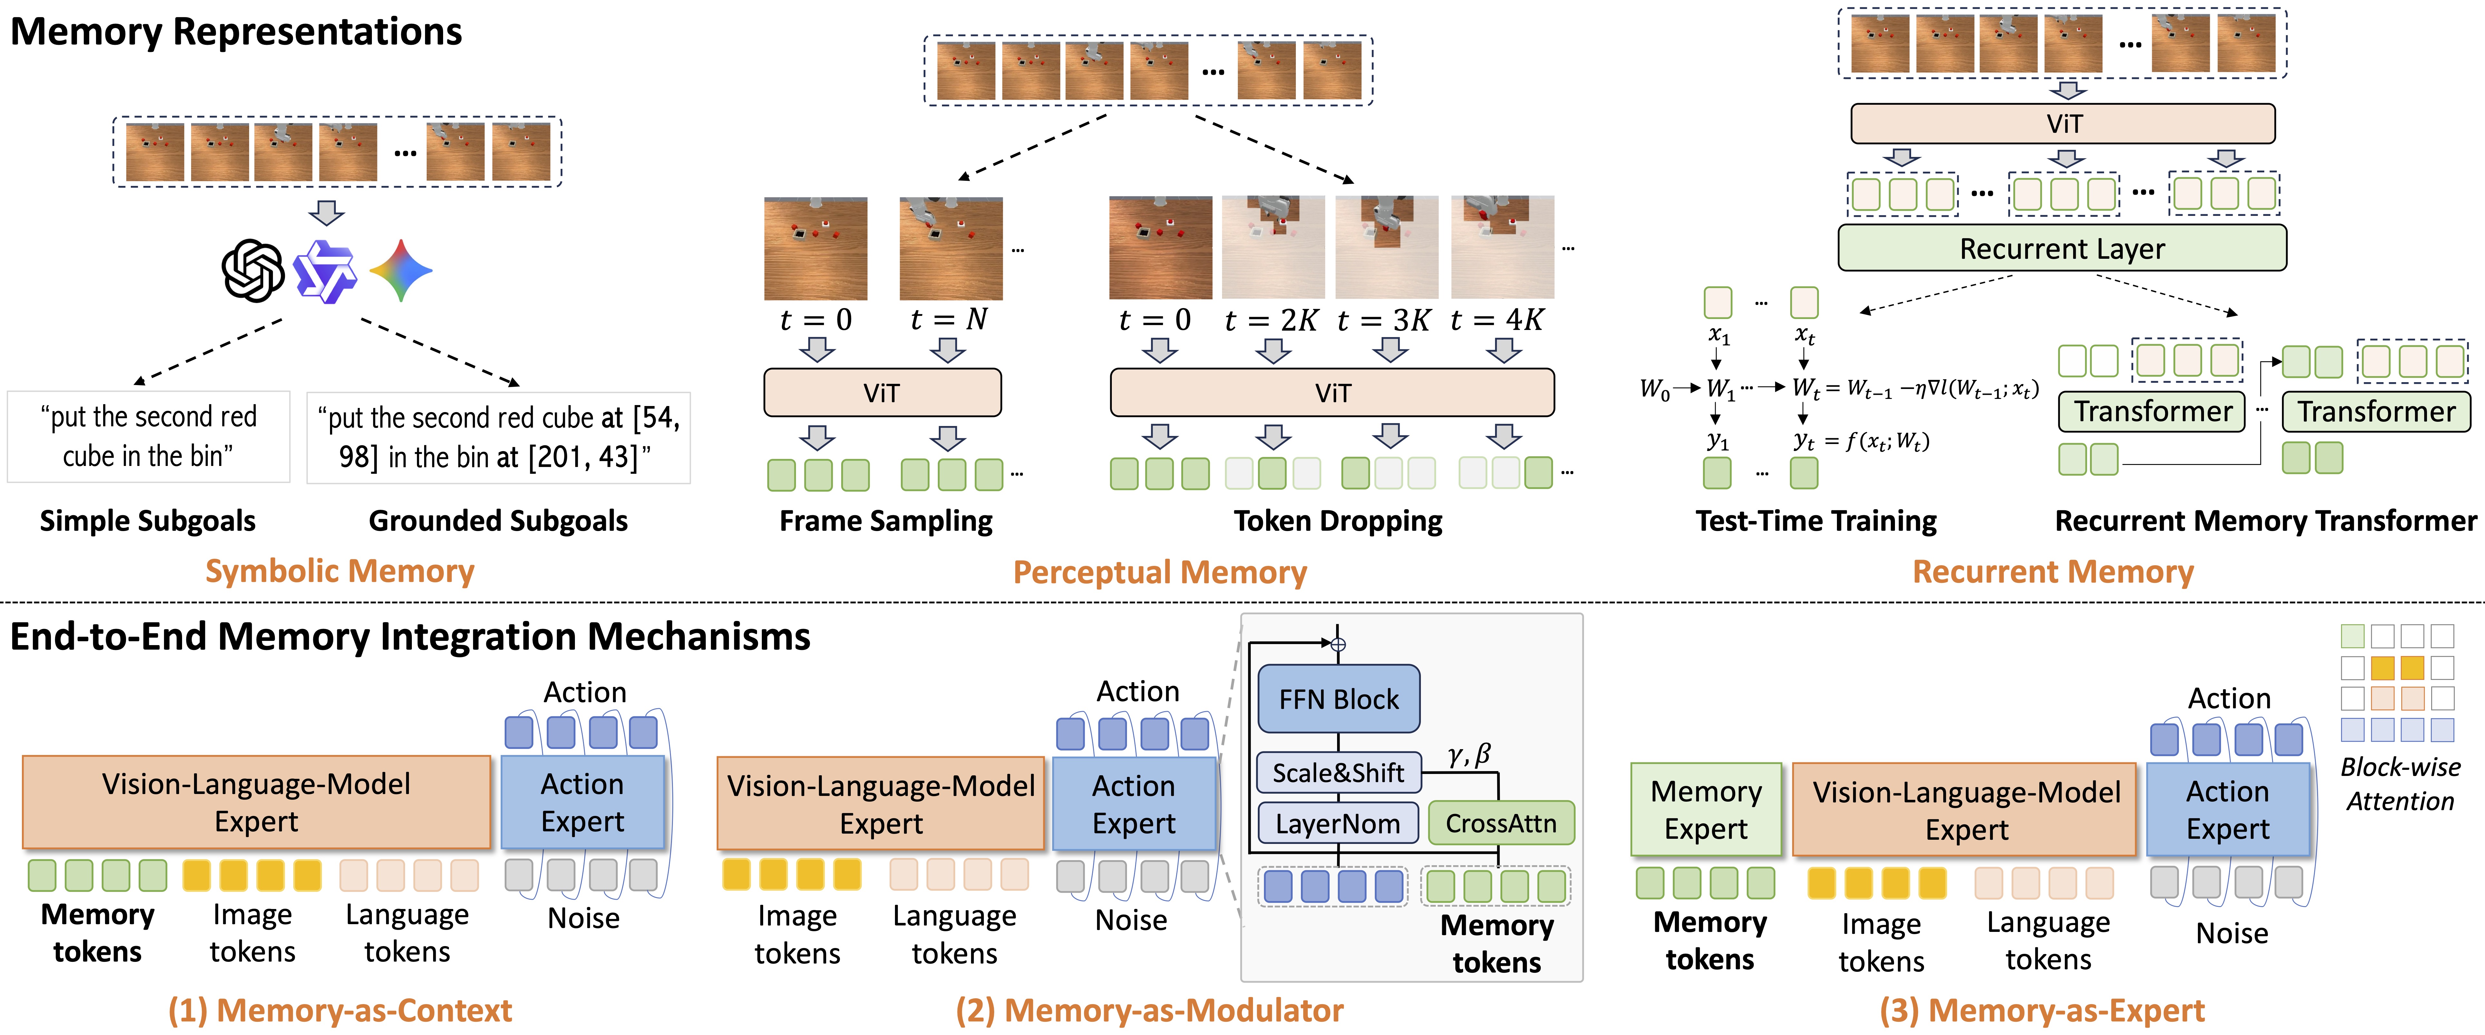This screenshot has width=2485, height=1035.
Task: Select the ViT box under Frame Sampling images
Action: tap(882, 392)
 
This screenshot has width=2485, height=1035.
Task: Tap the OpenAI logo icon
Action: tap(253, 271)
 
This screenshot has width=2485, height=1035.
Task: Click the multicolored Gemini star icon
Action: tap(401, 271)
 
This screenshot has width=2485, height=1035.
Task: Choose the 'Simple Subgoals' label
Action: tap(148, 521)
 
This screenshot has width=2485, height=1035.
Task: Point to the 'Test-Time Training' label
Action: tap(1816, 521)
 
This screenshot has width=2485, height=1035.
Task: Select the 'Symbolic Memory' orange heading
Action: tap(340, 571)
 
